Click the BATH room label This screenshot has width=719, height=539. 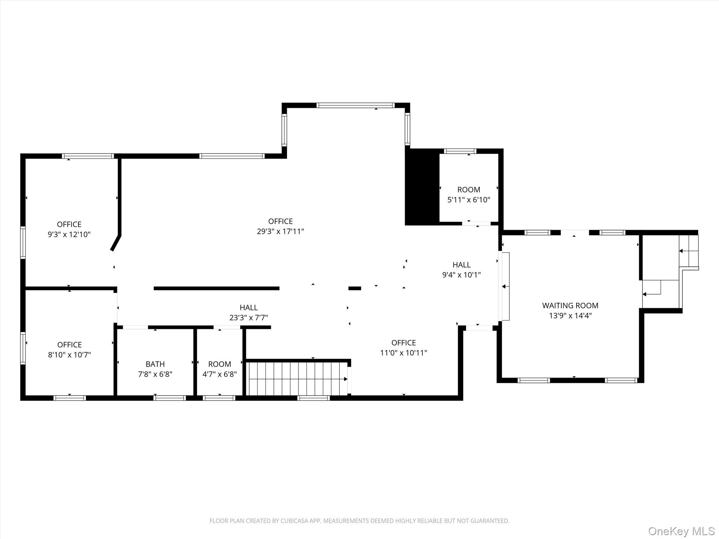(x=155, y=364)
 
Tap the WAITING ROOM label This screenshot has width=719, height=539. (x=570, y=306)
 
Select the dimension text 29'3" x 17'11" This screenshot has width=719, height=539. (x=281, y=232)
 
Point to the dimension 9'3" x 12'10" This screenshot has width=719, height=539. (x=69, y=234)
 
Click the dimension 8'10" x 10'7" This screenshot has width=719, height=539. (x=70, y=355)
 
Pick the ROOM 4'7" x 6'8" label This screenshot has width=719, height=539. (x=220, y=369)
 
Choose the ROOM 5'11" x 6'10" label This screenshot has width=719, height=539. (x=469, y=195)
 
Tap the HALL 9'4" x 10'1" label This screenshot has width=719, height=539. (x=462, y=269)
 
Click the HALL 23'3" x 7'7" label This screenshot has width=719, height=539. (x=249, y=313)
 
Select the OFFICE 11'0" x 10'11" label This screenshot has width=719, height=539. (x=404, y=348)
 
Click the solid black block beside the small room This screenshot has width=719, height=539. (x=422, y=187)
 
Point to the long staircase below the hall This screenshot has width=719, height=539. (x=298, y=379)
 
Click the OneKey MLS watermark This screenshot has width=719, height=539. (x=681, y=531)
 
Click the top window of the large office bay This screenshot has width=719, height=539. (x=355, y=105)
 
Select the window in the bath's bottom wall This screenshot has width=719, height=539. (x=170, y=398)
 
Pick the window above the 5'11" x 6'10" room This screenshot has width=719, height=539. (x=460, y=151)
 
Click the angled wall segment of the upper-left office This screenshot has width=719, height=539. (x=116, y=243)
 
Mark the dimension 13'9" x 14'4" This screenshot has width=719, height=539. (x=570, y=316)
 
